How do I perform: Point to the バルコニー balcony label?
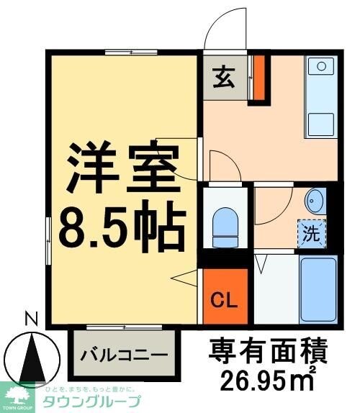124,354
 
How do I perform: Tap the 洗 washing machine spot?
311,233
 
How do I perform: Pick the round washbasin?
314,199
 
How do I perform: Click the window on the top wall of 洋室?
131,52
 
